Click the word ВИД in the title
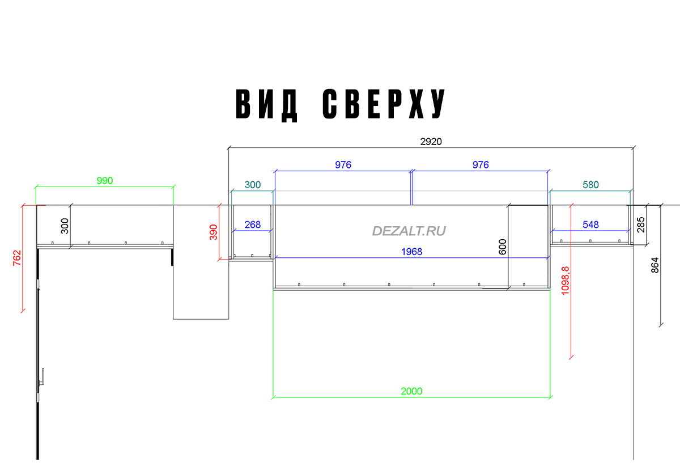(267, 104)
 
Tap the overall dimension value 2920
(431, 142)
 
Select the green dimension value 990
(105, 181)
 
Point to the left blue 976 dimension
(343, 165)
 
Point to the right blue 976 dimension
(481, 165)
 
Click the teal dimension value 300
(252, 185)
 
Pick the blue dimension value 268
(252, 224)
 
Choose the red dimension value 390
(214, 232)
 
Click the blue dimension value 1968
(411, 252)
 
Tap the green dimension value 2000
(411, 391)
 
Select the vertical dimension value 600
(502, 247)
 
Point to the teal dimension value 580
(590, 185)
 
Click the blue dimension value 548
(590, 224)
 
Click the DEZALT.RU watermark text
(409, 231)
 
